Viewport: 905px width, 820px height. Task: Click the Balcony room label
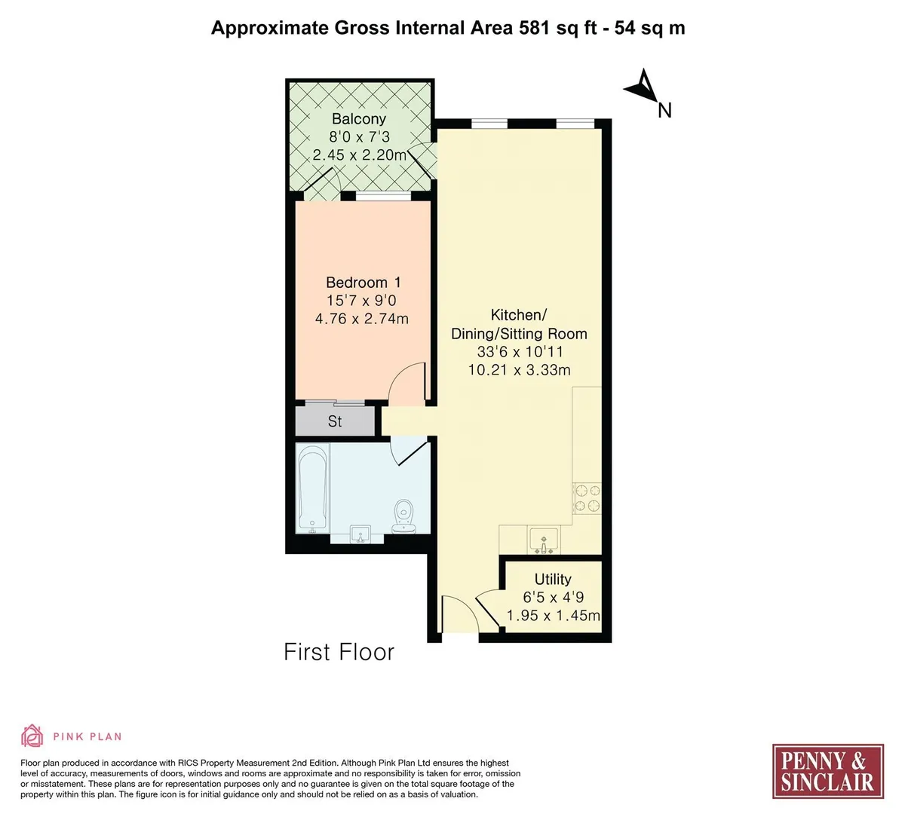click(x=359, y=119)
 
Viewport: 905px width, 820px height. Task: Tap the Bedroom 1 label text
click(x=364, y=283)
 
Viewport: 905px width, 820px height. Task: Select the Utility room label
click(x=553, y=579)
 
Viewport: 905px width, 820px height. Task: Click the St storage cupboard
click(x=335, y=421)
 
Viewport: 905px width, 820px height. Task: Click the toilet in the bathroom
click(x=403, y=516)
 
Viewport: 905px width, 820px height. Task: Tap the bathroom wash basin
click(x=360, y=534)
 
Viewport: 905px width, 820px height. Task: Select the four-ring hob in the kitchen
click(x=587, y=498)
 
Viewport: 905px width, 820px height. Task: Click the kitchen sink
click(x=544, y=540)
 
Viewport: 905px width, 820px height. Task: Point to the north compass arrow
click(x=643, y=86)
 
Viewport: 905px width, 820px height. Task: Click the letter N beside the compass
click(x=664, y=111)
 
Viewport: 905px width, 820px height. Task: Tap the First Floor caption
click(x=339, y=652)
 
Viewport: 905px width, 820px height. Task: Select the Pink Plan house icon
click(x=32, y=736)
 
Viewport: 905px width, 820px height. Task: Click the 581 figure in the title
click(x=534, y=28)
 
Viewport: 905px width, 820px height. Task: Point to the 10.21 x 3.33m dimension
click(x=519, y=370)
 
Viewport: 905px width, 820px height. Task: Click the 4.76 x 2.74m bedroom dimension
click(x=362, y=319)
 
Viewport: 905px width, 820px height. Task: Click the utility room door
click(x=488, y=610)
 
